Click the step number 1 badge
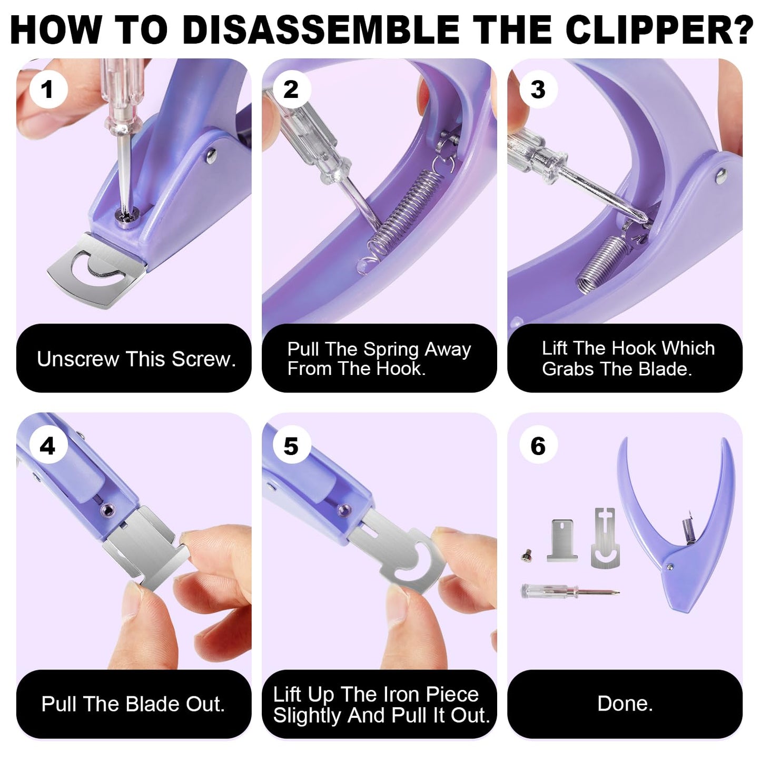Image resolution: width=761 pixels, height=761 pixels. tap(48, 89)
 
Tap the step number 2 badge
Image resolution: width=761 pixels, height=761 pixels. tap(291, 89)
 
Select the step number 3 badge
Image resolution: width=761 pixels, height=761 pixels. tap(538, 89)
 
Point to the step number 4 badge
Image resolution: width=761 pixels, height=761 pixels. tap(48, 446)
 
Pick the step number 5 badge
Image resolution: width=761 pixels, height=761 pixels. tap(291, 446)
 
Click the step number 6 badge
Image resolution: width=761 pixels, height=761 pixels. tap(538, 446)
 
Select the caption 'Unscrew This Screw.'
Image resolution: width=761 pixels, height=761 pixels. tap(136, 359)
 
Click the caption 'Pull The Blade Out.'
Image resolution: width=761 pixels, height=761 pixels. tap(133, 704)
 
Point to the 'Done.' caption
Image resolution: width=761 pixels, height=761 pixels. tap(625, 704)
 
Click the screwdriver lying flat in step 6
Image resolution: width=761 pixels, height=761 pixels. tap(569, 591)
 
